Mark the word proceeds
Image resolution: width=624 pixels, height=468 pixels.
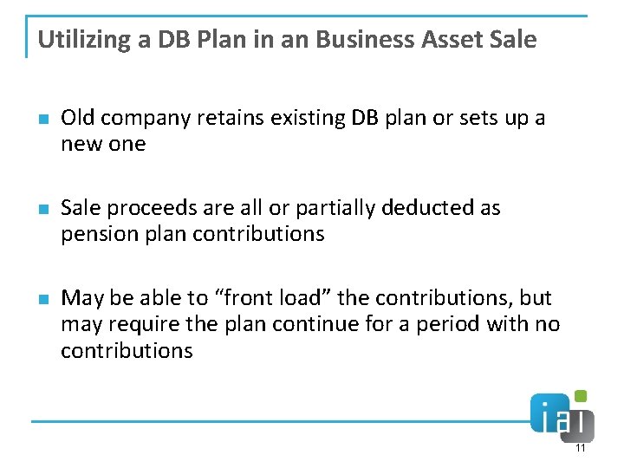point(146,209)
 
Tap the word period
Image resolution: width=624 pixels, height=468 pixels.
point(455,325)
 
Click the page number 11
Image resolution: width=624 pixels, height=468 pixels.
point(580,448)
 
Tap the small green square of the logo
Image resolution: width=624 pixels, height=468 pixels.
point(581,396)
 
